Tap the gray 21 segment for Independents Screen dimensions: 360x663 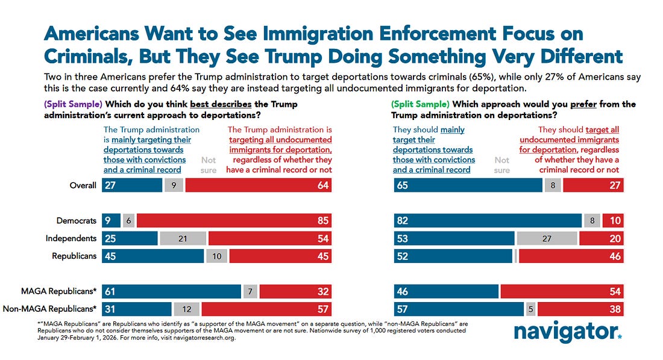tap(183, 238)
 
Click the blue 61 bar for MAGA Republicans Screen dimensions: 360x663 tap(172, 292)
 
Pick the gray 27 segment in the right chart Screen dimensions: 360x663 tap(547, 238)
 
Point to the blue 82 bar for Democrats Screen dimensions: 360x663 tap(488, 221)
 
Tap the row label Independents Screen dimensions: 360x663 tap(71, 238)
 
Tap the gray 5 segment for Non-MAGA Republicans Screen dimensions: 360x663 tap(530, 309)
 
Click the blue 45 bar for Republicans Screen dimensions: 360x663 tap(153, 256)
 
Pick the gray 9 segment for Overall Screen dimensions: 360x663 tap(174, 185)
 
